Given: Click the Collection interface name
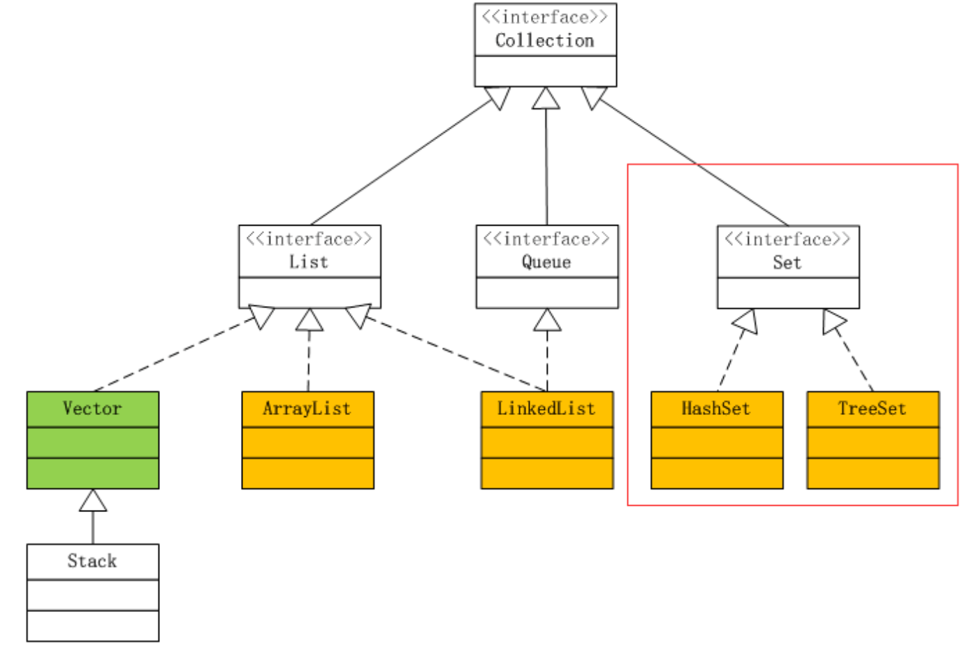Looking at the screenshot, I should pos(544,41).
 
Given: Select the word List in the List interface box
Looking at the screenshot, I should pos(309,262).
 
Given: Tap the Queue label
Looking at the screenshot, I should pos(546,262).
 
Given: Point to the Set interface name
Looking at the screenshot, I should pos(787,263).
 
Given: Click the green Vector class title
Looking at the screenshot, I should pos(92,409).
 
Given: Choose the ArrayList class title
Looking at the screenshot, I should pos(307,409).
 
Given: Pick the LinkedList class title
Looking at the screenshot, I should pos(546,409).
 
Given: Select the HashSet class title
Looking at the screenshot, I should pos(716,409).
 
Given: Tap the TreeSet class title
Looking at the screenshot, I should pos(872,409).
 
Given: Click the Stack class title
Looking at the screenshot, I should pos(92,561).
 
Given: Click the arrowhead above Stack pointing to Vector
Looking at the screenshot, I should pos(93,501).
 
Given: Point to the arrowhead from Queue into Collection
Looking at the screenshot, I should pos(546,99).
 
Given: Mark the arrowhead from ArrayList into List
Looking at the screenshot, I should pos(309,321).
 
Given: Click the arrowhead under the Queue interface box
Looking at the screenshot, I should pos(547,321).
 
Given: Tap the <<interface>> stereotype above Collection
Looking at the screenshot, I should pos(544,17).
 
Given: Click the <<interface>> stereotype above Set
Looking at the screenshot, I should pos(787,239).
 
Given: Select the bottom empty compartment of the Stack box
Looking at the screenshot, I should pos(92,625).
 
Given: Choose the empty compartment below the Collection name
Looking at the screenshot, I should pos(545,71).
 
